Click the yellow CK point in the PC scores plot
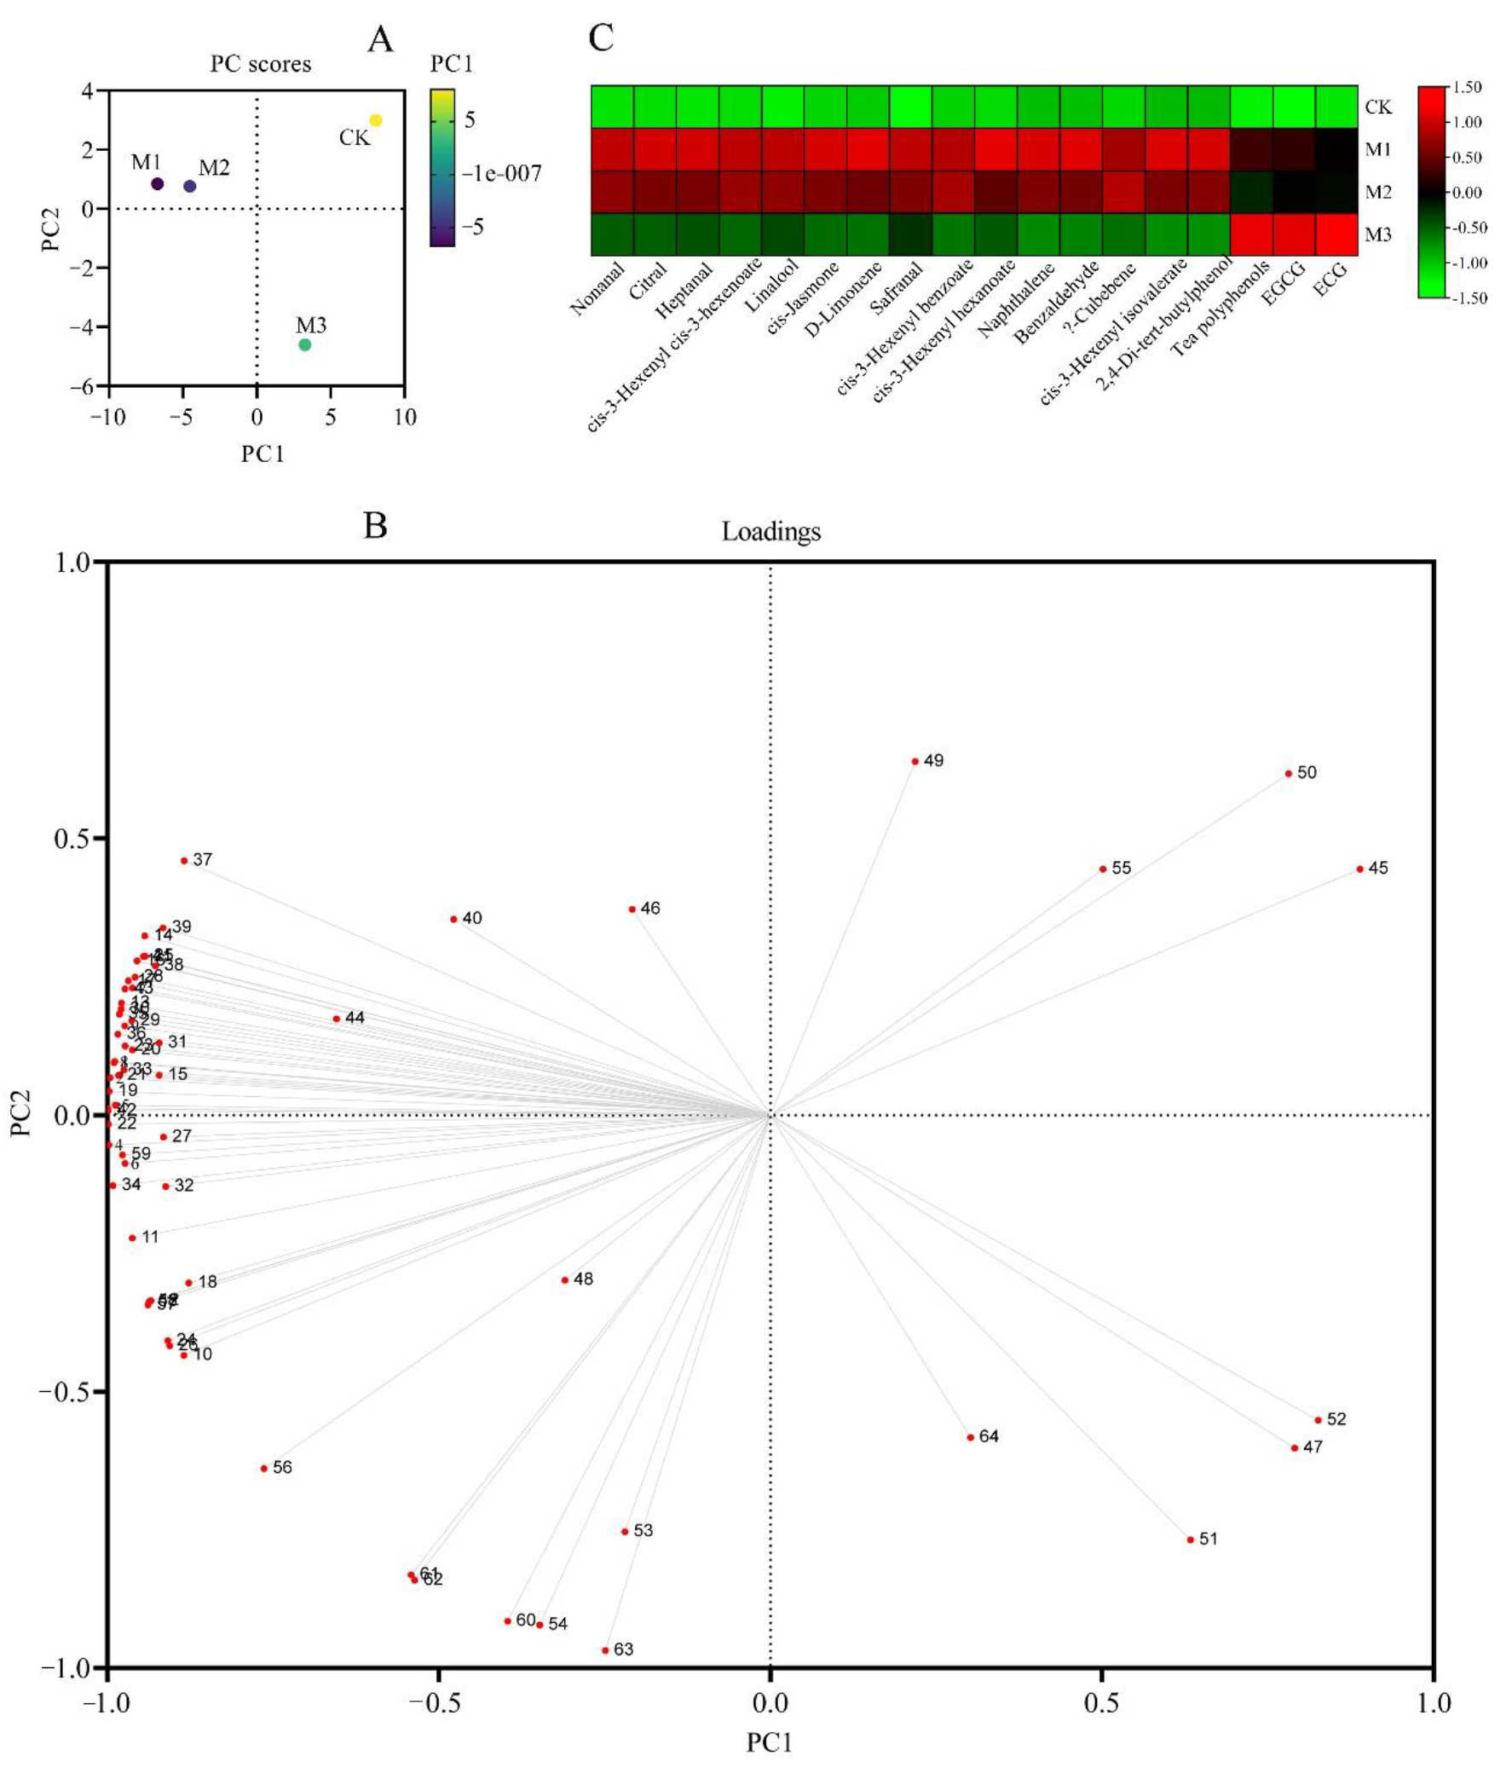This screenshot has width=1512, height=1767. click(x=375, y=120)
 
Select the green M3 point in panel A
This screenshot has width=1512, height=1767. click(x=304, y=344)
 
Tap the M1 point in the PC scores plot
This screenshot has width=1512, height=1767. click(x=157, y=183)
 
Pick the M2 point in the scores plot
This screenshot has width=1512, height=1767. click(x=190, y=186)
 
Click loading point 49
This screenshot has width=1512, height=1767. click(x=915, y=760)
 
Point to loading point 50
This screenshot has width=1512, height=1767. click(x=1289, y=773)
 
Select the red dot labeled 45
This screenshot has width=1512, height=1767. click(x=1360, y=869)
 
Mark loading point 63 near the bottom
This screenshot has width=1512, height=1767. click(x=605, y=1650)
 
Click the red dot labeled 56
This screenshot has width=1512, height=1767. click(x=264, y=1469)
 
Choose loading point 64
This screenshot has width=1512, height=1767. click(x=971, y=1437)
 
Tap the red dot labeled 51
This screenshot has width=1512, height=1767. click(x=1191, y=1539)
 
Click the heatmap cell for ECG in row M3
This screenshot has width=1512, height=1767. click(x=1336, y=234)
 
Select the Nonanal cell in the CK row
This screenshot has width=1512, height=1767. click(x=612, y=107)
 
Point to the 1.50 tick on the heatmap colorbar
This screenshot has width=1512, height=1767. click(x=1467, y=87)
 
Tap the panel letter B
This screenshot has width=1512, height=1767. click(x=375, y=525)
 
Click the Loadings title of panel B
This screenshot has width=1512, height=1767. click(x=771, y=531)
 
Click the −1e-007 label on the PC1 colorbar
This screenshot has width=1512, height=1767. click(x=501, y=174)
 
